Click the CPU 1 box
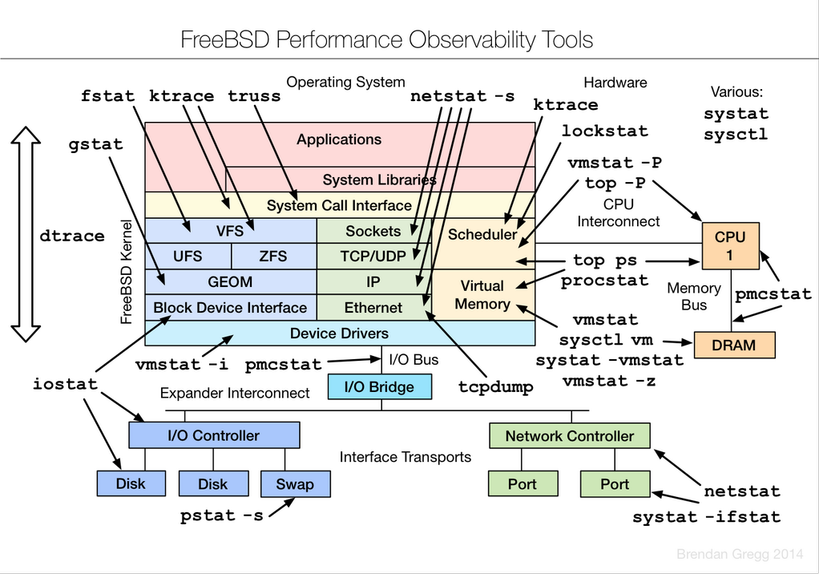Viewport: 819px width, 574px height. coord(730,246)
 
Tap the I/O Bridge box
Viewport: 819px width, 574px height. coord(379,387)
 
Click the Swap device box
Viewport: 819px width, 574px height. coord(295,483)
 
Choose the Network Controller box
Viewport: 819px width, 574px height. coord(569,436)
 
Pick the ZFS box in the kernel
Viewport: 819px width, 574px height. coord(273,257)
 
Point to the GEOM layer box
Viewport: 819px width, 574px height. coord(230,282)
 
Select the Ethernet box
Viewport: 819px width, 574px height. coord(373,307)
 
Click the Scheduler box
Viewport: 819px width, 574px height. coord(482,234)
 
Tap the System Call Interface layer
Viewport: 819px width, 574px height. coord(339,205)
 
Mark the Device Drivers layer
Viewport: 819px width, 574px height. coord(339,333)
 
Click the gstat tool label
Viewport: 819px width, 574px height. coord(96,145)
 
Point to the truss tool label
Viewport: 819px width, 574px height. coord(254,96)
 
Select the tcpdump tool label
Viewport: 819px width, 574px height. coord(496,386)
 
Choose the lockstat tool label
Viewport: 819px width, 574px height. coord(604,131)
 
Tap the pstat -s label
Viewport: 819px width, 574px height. coord(222,515)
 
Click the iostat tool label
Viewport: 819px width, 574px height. coord(65,384)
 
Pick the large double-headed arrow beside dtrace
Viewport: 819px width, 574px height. coord(27,236)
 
